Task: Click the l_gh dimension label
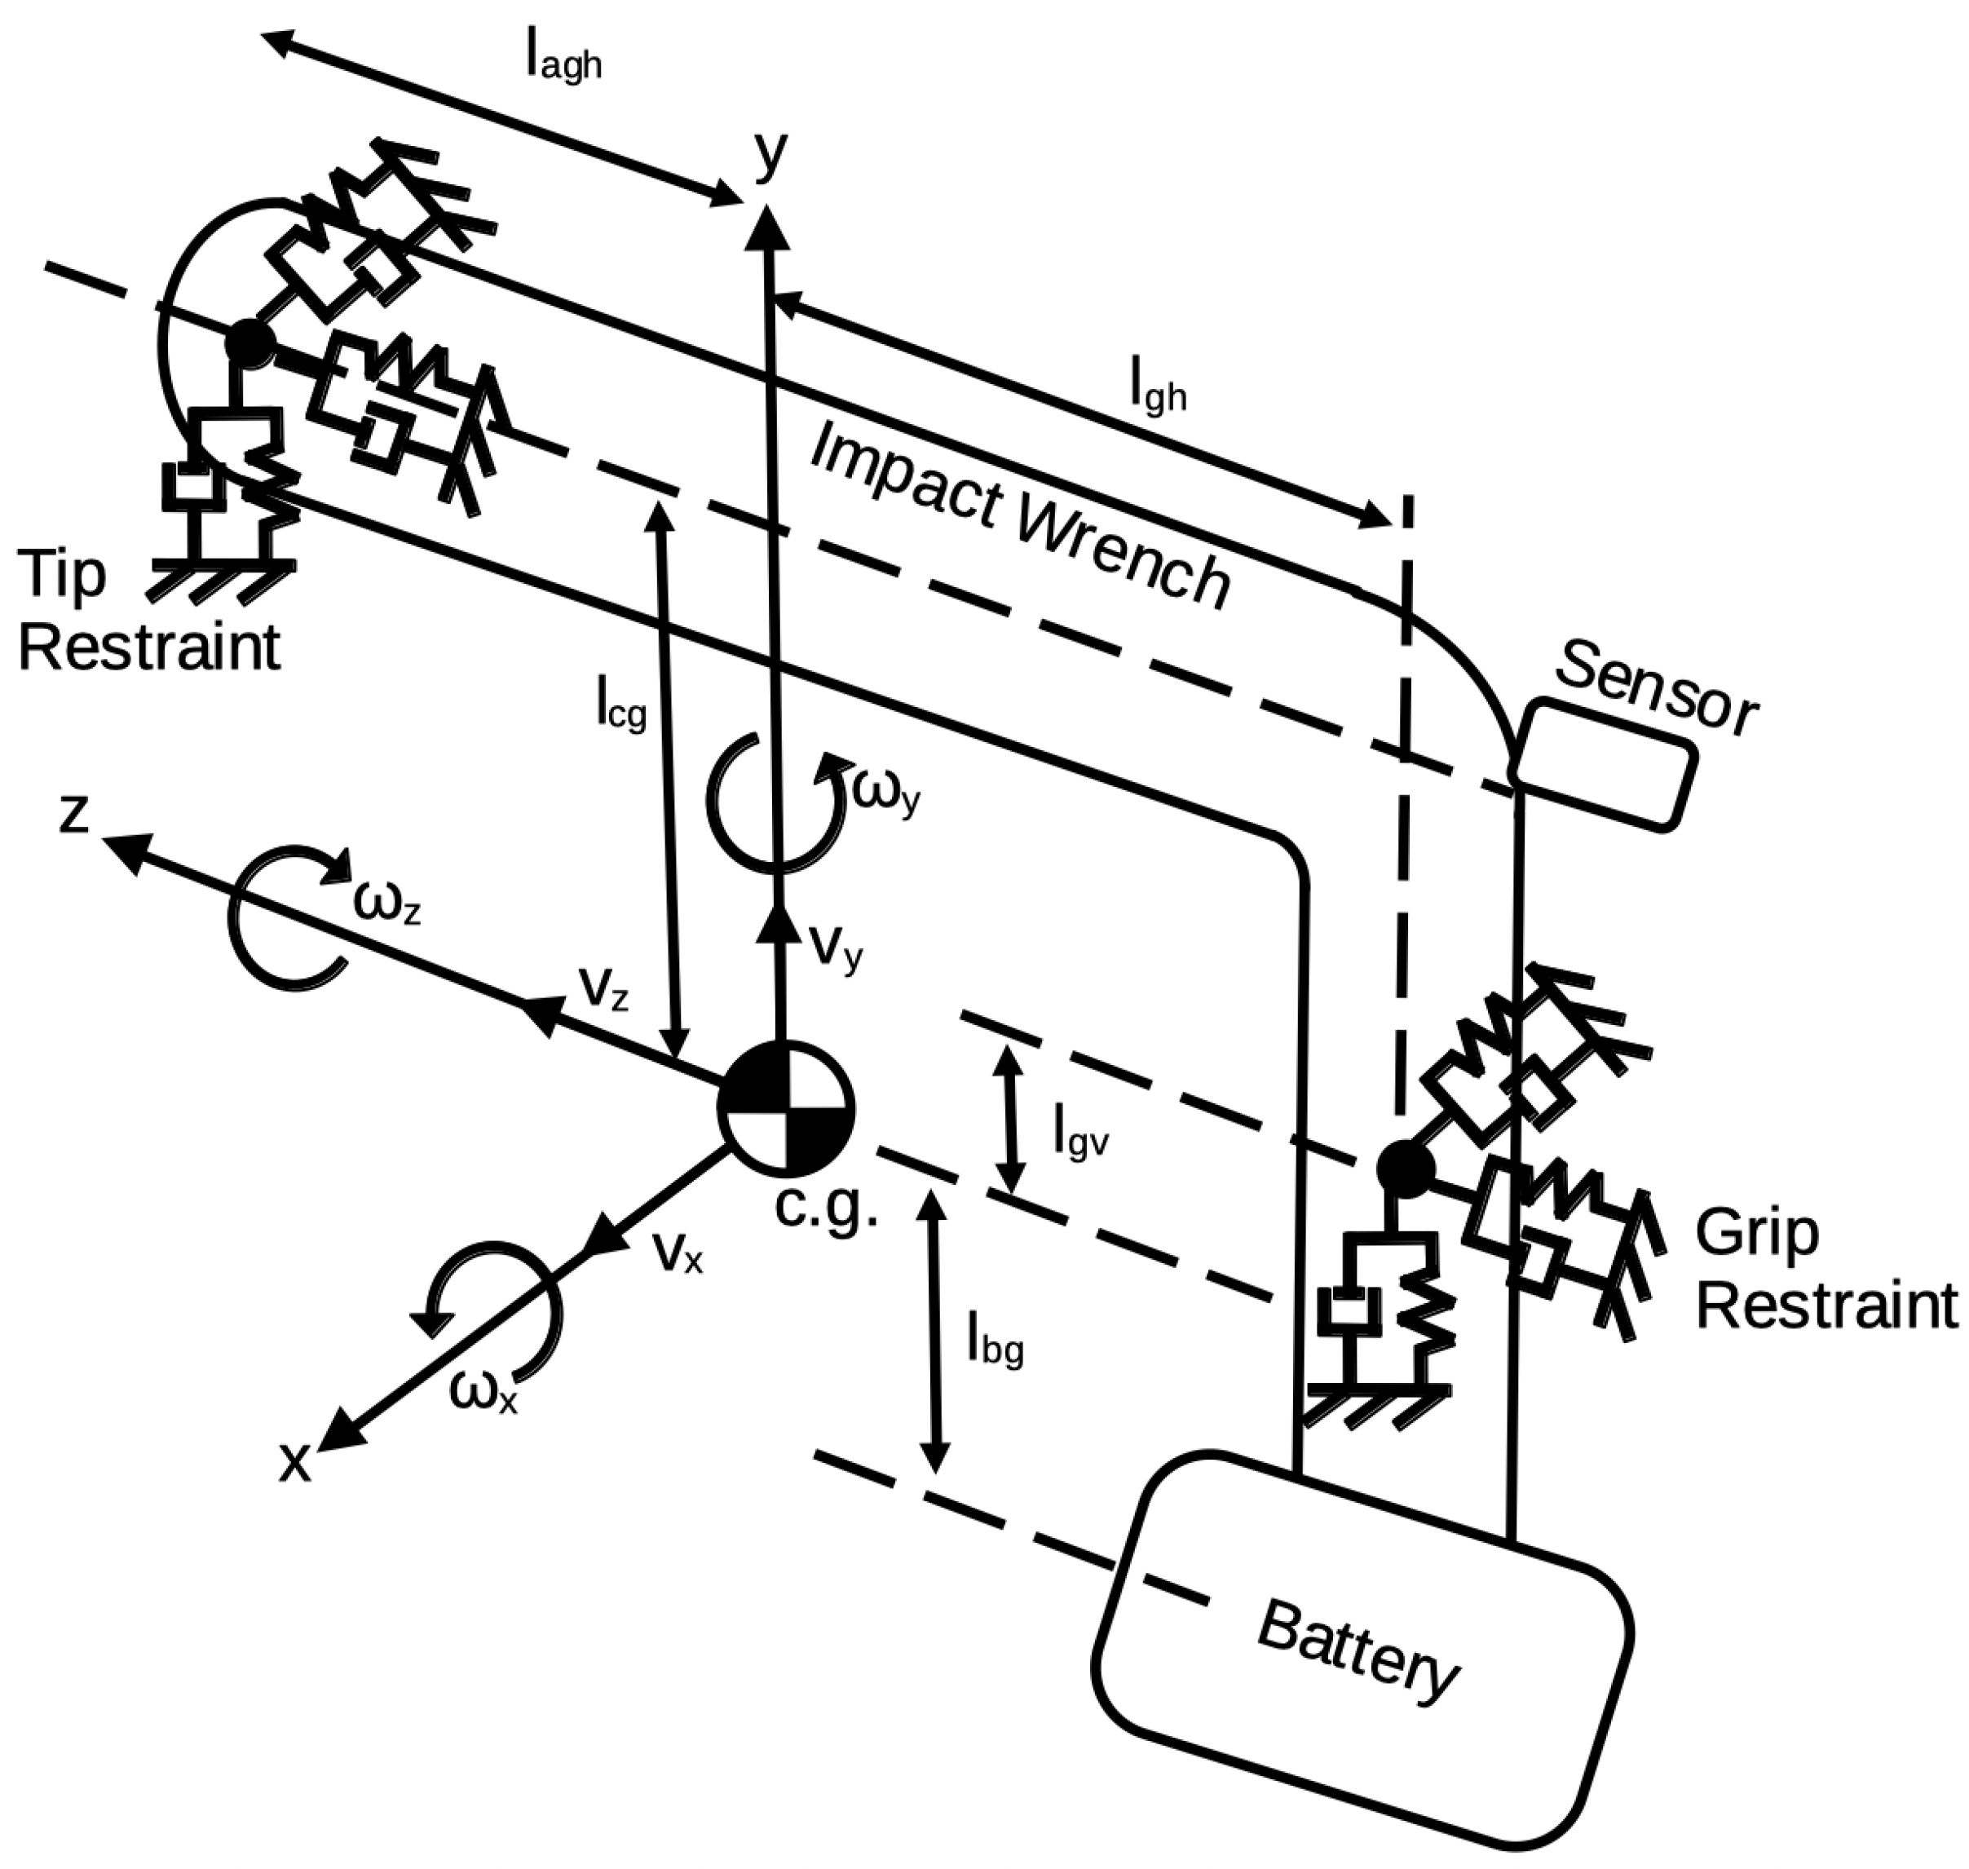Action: (1159, 391)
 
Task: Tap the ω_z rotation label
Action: (386, 903)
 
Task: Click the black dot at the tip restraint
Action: (248, 342)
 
